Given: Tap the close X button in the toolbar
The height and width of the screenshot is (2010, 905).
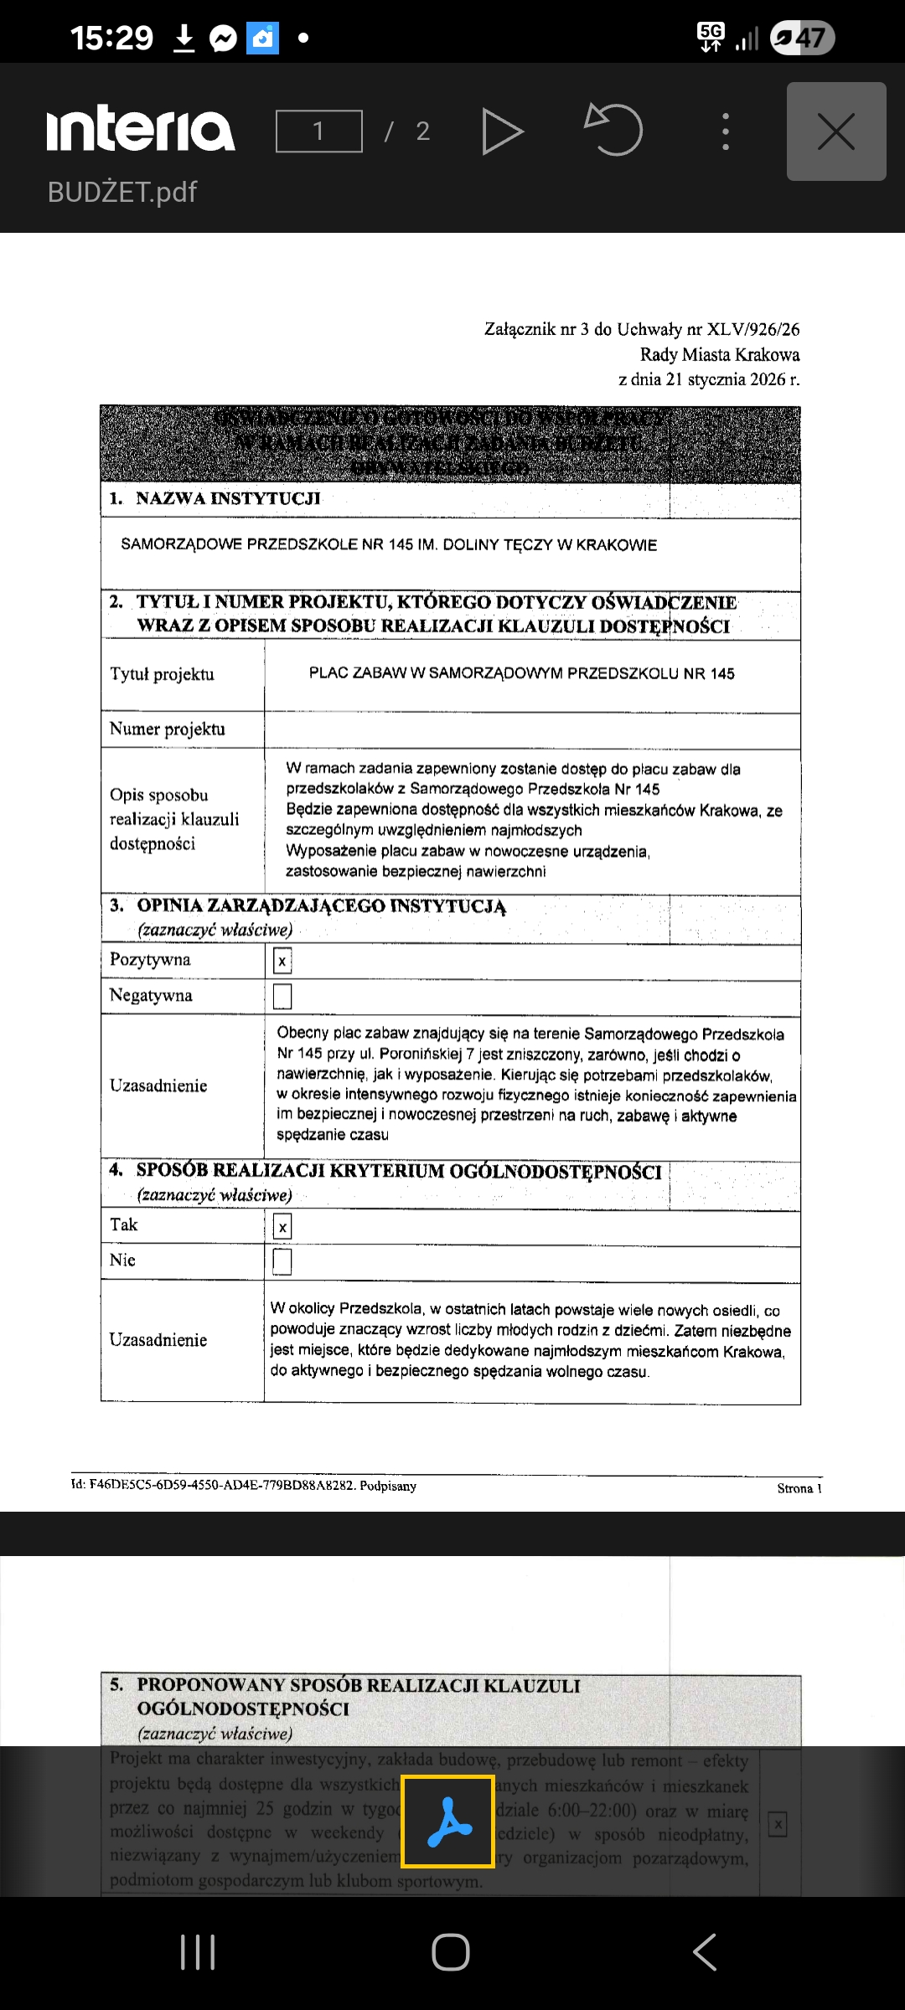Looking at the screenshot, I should [835, 131].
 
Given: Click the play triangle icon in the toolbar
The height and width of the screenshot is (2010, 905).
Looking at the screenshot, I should [503, 131].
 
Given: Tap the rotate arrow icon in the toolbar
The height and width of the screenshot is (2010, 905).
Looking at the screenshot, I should [614, 129].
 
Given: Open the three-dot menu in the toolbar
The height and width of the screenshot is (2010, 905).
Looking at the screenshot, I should [726, 131].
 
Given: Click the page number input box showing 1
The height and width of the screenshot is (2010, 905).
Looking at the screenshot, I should [319, 131].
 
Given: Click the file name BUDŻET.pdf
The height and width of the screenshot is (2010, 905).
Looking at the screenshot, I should [122, 192].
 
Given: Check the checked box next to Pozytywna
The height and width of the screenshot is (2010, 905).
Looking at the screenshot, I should [282, 961].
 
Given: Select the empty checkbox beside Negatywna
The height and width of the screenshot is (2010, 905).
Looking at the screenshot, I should [282, 997].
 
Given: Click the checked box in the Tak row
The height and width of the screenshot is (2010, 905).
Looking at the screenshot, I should [282, 1228].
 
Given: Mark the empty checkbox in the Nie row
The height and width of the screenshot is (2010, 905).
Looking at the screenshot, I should [282, 1261].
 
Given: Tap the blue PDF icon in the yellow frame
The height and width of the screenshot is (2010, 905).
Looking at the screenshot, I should [448, 1822].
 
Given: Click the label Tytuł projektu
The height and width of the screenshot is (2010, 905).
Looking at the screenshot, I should [162, 674].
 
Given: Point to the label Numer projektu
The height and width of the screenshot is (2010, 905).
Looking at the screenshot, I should [168, 729].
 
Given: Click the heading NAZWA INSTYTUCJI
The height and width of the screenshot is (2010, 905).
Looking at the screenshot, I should [228, 498].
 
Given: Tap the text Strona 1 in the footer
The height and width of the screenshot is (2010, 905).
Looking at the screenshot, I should [799, 1488].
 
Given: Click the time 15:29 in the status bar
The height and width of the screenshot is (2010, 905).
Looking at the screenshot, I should [111, 38].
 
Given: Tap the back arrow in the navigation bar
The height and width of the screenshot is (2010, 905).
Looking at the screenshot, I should [705, 1952].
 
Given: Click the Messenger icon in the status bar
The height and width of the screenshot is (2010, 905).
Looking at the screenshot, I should [224, 39].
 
